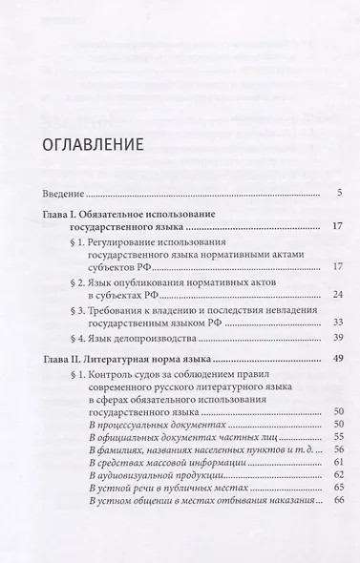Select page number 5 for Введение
[339, 194]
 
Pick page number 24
[336, 295]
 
